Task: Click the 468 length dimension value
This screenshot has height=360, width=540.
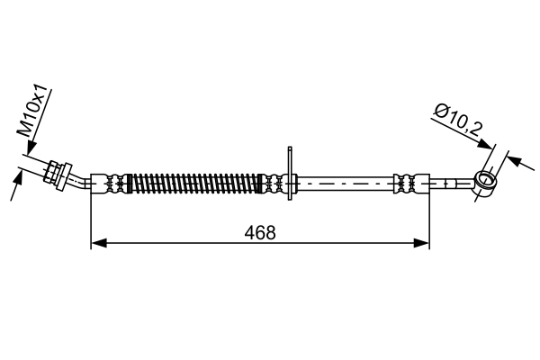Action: click(x=260, y=233)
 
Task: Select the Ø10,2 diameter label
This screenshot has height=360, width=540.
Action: click(x=457, y=121)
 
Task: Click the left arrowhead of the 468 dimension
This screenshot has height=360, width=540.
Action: click(x=98, y=243)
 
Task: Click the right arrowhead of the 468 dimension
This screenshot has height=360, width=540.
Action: click(x=421, y=243)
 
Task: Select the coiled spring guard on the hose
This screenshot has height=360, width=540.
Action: click(x=195, y=184)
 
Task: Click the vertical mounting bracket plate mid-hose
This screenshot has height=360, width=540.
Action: click(x=290, y=173)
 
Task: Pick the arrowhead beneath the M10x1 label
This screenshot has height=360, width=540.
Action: click(x=31, y=148)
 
